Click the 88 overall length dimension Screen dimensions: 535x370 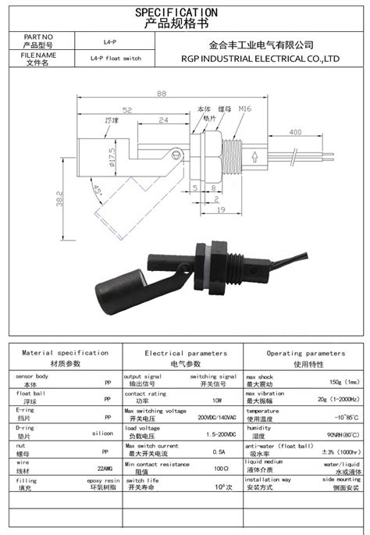[162, 93]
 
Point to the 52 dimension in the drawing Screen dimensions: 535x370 [126, 111]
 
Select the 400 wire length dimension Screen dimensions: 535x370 [296, 134]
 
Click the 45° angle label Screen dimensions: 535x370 [98, 191]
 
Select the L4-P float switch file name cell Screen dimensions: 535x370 [115, 59]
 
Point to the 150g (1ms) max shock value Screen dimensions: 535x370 [344, 382]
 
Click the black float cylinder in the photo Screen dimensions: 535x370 [119, 288]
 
